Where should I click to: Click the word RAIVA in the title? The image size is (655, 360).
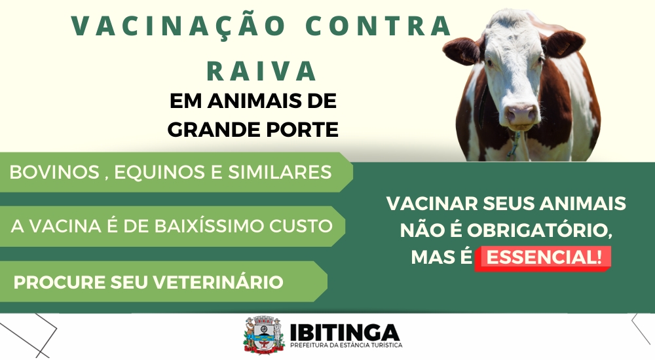pyautogui.click(x=262, y=71)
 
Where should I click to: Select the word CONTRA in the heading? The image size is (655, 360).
pyautogui.click(x=379, y=26)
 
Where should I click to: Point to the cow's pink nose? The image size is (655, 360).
pyautogui.click(x=521, y=113)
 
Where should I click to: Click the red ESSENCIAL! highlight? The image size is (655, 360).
pyautogui.click(x=543, y=258)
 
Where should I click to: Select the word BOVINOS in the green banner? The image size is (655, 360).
pyautogui.click(x=54, y=172)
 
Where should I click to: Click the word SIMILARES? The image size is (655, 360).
pyautogui.click(x=280, y=172)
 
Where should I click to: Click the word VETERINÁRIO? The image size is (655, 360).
pyautogui.click(x=218, y=282)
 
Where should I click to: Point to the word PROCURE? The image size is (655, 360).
pyautogui.click(x=60, y=282)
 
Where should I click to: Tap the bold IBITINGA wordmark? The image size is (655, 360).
pyautogui.click(x=345, y=333)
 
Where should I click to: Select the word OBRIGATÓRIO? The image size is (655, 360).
pyautogui.click(x=539, y=230)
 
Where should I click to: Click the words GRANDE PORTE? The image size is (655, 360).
pyautogui.click(x=253, y=130)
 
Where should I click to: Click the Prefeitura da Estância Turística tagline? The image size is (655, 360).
pyautogui.click(x=346, y=346)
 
